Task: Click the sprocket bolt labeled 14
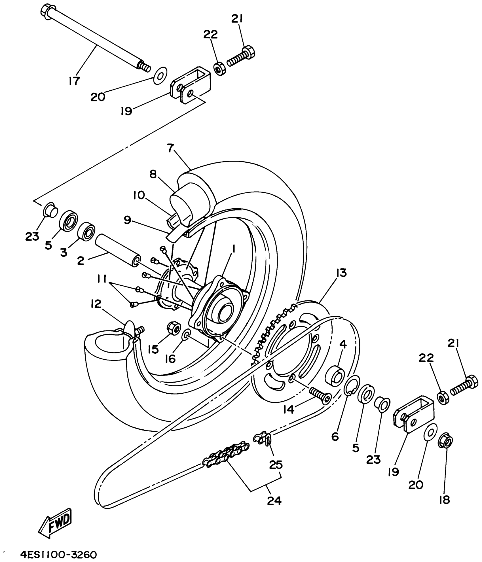[320, 395]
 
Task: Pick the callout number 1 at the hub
[234, 249]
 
